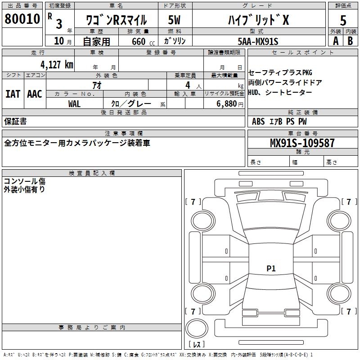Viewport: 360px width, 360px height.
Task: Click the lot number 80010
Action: coord(22,19)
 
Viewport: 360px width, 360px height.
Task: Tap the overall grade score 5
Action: coord(343,20)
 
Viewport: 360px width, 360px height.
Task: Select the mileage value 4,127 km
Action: coord(57,64)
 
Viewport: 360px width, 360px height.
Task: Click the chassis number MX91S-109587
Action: coord(302,143)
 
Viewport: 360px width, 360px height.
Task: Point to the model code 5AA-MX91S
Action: coord(258,41)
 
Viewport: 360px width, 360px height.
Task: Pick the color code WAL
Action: coord(74,104)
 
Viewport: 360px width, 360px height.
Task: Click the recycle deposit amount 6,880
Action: coord(227,104)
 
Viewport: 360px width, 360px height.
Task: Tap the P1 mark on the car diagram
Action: coord(271,268)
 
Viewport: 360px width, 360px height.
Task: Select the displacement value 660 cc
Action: coord(143,41)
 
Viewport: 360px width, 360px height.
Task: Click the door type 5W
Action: coord(174,20)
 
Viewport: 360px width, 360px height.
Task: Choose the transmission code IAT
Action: coord(13,94)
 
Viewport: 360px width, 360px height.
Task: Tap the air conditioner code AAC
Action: coord(35,94)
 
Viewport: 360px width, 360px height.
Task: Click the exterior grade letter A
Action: coord(336,41)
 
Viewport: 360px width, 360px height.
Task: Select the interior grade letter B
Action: coord(351,41)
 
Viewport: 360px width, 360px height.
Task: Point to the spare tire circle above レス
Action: coord(197,328)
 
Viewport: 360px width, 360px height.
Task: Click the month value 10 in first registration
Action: coord(59,41)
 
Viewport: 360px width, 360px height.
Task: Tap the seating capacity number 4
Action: coord(188,85)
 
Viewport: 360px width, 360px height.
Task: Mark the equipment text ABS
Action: coord(258,121)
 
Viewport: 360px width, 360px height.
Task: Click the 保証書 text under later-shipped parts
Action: coord(15,121)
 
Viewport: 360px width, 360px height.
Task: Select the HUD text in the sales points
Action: coord(253,93)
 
